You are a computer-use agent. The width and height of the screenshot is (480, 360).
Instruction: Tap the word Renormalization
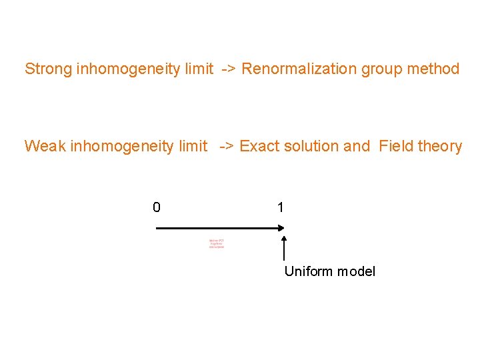[x=299, y=69]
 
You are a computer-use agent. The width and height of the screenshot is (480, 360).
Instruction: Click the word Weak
[x=45, y=146]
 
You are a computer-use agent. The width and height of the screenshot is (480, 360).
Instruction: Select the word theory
[x=440, y=146]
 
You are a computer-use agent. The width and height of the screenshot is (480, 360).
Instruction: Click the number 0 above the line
[x=156, y=207]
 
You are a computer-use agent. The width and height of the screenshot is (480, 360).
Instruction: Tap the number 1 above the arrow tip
[x=281, y=207]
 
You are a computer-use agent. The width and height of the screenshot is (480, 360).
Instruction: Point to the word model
[x=357, y=271]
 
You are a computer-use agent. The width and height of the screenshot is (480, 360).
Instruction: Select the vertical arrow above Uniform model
[x=285, y=247]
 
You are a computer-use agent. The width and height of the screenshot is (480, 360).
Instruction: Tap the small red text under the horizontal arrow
[x=217, y=243]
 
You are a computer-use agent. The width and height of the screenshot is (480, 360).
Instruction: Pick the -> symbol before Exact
[x=226, y=147]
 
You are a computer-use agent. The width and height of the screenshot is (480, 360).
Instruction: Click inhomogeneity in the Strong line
[x=143, y=69]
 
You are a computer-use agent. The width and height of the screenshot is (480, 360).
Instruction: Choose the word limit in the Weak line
[x=193, y=146]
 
